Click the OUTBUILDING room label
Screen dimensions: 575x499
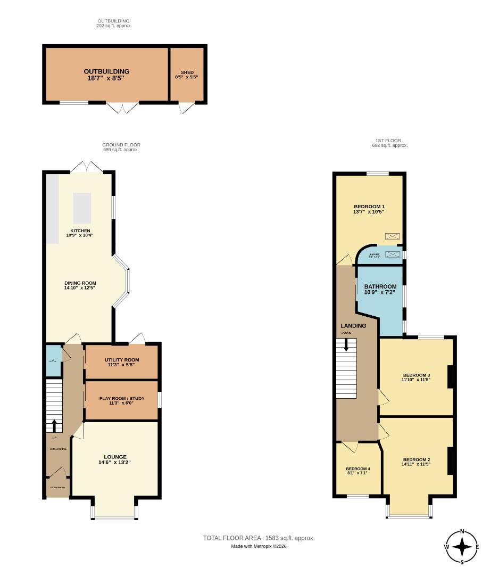(x=106, y=71)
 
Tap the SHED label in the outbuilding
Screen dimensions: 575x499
(x=187, y=72)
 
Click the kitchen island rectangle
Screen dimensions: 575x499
(x=82, y=207)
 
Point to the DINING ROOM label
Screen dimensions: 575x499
(x=80, y=283)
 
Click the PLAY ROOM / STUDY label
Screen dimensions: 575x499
(x=122, y=398)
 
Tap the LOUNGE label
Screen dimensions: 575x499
(x=115, y=457)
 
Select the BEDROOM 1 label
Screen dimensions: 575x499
(x=369, y=207)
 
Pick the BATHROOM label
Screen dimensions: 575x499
(x=380, y=286)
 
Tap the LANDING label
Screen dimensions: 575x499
(x=353, y=326)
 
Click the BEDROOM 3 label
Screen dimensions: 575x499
(x=416, y=375)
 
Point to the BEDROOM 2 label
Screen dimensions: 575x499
(x=416, y=460)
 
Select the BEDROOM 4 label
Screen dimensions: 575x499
(x=358, y=469)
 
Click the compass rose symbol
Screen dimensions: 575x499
(x=462, y=546)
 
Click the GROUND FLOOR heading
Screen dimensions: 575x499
(x=121, y=145)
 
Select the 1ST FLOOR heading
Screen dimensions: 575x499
(x=390, y=141)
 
